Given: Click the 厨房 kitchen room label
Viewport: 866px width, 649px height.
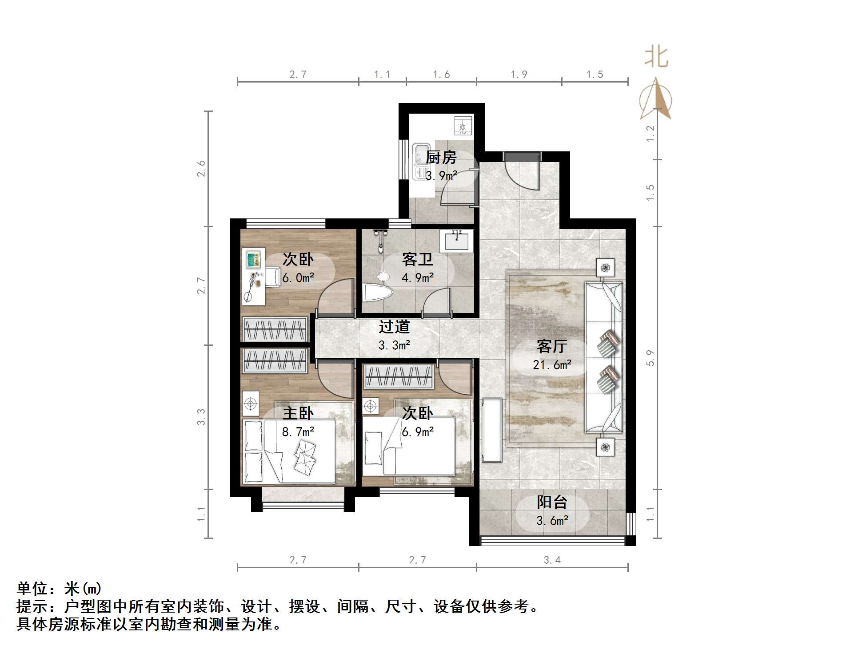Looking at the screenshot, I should click(441, 157).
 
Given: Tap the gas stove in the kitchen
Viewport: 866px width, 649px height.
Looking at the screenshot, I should click(463, 126).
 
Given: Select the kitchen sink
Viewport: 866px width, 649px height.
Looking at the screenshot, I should click(420, 161).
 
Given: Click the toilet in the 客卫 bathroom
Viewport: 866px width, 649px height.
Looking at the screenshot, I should click(377, 292).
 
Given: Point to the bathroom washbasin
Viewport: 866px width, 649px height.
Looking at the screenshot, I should click(456, 241).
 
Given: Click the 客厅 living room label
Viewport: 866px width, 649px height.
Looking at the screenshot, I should click(551, 346).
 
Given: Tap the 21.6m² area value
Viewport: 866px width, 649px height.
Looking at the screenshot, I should click(552, 365).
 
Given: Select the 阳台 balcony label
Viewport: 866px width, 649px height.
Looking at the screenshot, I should click(552, 502).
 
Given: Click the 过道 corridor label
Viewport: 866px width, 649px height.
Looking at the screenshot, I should click(394, 327).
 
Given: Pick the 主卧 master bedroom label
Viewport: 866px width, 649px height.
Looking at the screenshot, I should click(298, 413).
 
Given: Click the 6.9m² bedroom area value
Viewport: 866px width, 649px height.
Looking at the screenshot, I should click(418, 431).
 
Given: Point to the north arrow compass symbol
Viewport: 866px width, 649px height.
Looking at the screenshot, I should click(656, 99).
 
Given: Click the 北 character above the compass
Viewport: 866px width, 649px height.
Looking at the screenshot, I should click(656, 57).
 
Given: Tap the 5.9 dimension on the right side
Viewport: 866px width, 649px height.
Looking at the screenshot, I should click(650, 358).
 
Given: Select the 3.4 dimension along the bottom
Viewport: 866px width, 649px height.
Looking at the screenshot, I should click(552, 560).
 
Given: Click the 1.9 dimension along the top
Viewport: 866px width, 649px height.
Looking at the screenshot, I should click(519, 75).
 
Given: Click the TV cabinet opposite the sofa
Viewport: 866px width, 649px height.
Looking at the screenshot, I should click(491, 430).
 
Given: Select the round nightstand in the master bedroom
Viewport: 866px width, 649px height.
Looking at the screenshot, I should click(251, 404).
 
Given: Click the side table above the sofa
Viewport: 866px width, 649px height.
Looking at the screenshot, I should click(605, 268).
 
